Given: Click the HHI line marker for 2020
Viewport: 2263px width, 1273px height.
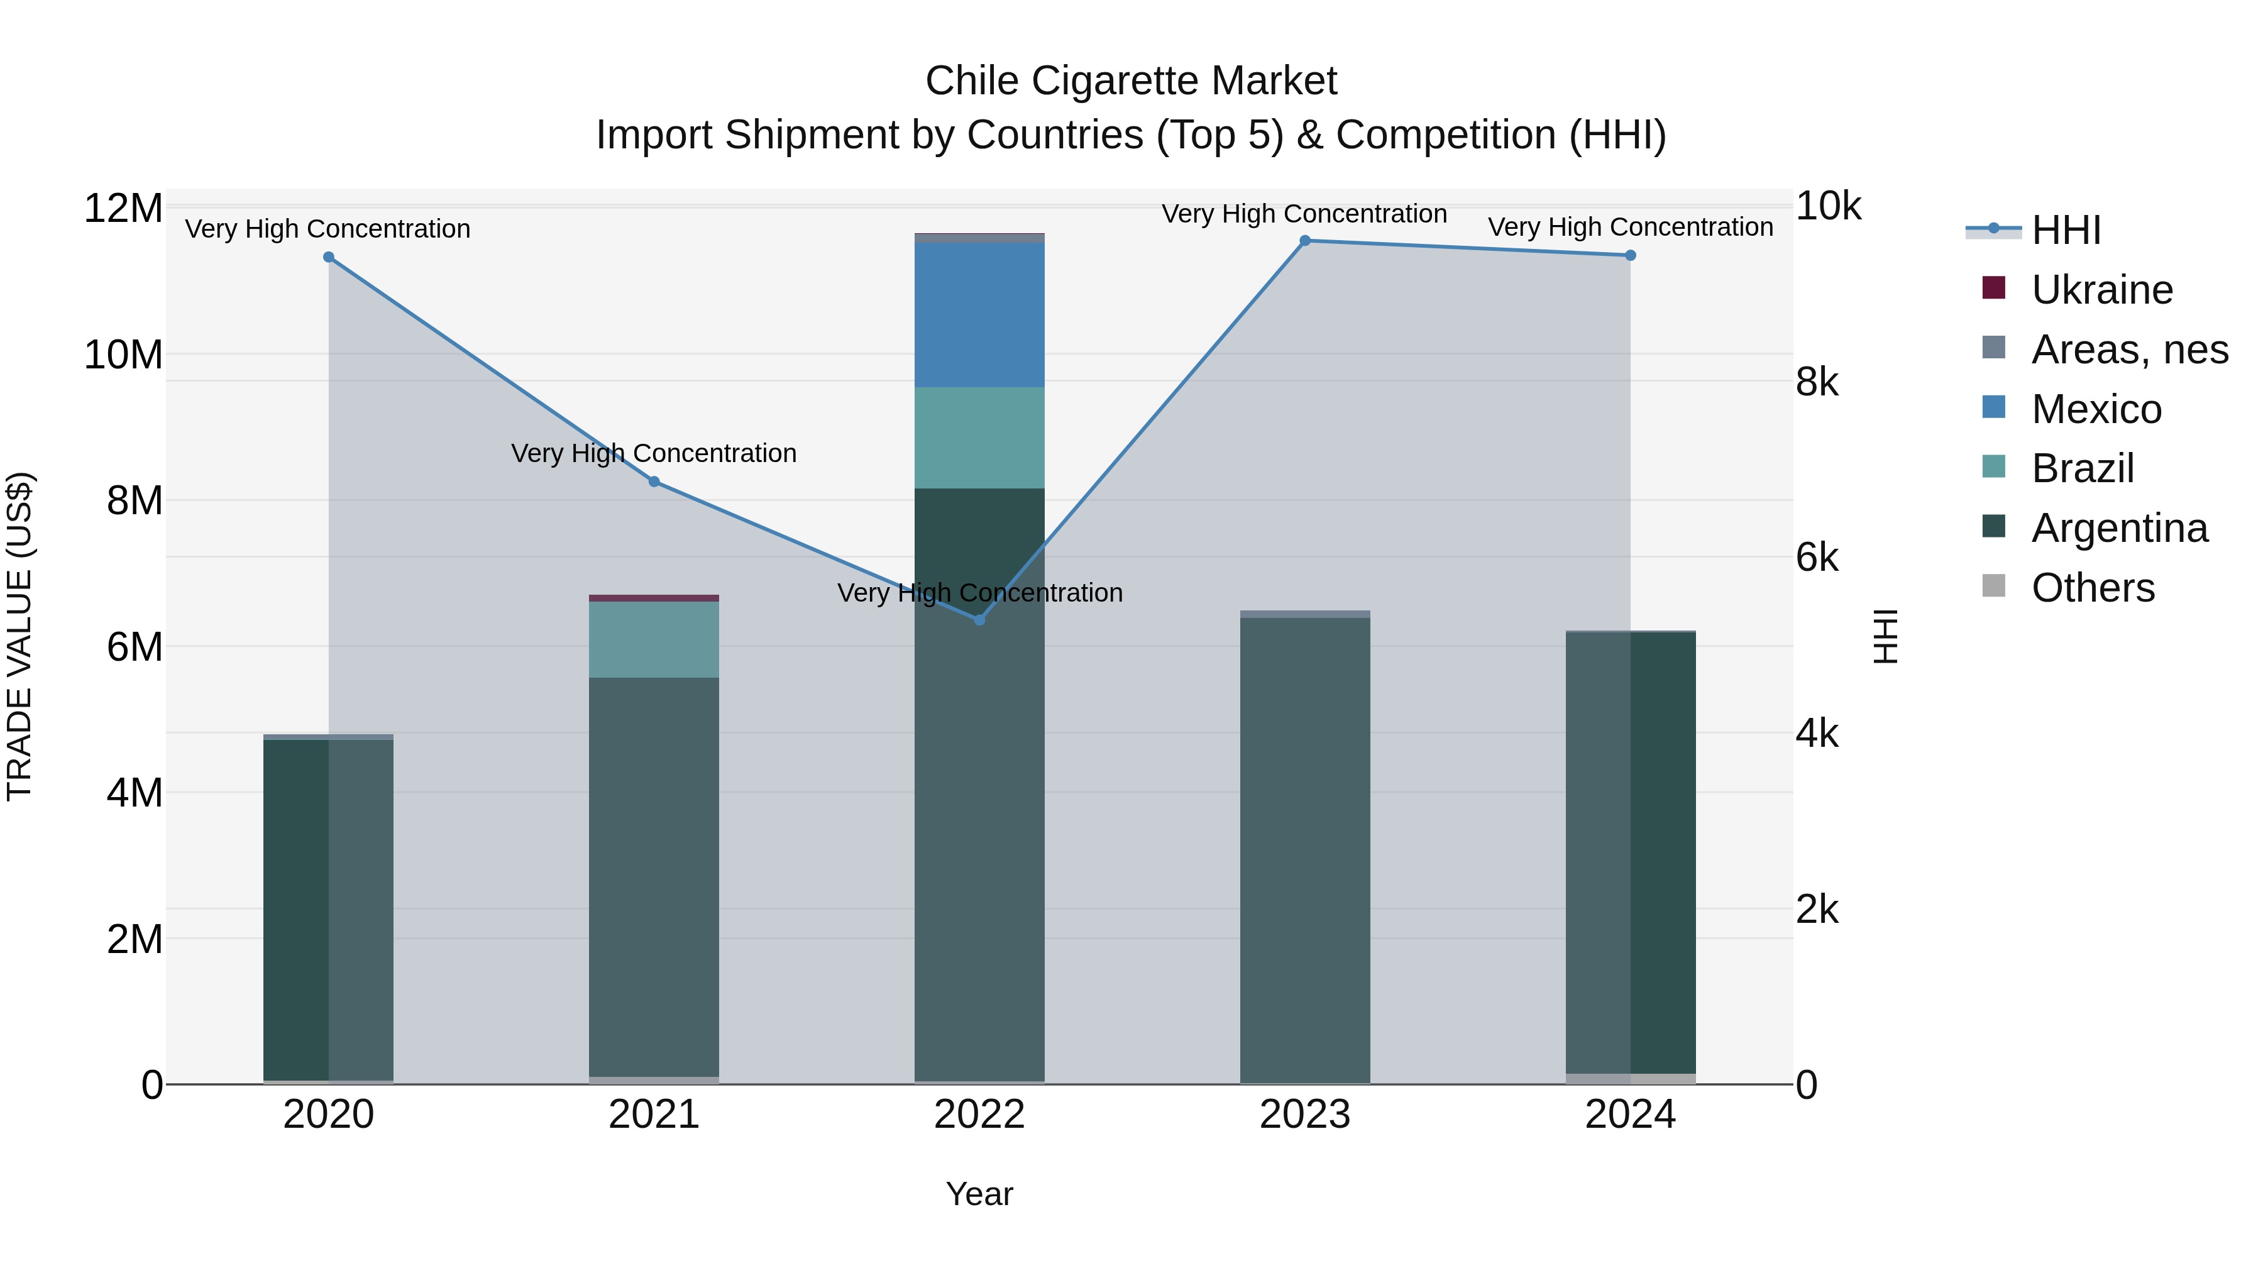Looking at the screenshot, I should tap(329, 257).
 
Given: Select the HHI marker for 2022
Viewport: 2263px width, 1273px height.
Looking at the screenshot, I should tap(979, 620).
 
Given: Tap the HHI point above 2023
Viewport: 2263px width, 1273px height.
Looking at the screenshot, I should tap(1304, 241).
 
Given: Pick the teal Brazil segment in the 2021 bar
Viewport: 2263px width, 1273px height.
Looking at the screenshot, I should tap(654, 639).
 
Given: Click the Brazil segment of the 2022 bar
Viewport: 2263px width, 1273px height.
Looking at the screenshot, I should tap(979, 438).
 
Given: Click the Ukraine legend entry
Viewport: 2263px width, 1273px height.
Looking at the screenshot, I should tap(2101, 290).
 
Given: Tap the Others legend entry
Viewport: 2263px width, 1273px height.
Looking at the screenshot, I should tap(2093, 588).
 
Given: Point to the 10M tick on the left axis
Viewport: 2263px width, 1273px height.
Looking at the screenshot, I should tap(123, 355).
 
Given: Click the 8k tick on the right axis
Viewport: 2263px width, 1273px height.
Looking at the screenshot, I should tap(1817, 382).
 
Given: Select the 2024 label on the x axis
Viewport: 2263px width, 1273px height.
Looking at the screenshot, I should tap(1629, 1115).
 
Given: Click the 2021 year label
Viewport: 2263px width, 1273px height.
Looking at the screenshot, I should tap(654, 1115).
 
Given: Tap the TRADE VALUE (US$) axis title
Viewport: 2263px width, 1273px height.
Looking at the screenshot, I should tap(19, 636).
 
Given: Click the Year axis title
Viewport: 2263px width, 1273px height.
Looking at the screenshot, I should tap(979, 1194).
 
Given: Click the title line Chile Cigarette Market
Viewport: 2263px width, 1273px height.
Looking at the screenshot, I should tap(1131, 81).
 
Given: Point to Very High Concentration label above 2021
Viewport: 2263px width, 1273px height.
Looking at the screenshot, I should tap(654, 453).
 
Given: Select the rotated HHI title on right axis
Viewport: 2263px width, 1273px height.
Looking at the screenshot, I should tap(1885, 636).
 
